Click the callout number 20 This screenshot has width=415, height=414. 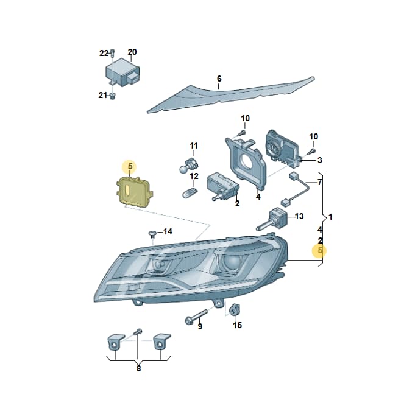tap(132, 52)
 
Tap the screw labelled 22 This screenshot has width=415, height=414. tap(112, 53)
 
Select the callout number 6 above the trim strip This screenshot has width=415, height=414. tap(219, 79)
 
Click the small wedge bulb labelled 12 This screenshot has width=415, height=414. tap(190, 193)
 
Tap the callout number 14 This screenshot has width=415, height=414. tap(168, 231)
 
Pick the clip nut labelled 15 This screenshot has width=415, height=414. tap(234, 309)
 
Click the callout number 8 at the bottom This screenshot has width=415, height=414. tap(139, 368)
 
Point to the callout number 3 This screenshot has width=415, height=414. tap(319, 160)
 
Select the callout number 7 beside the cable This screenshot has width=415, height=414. tap(319, 182)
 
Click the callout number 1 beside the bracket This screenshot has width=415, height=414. tap(330, 217)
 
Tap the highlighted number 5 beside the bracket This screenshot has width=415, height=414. tap(320, 250)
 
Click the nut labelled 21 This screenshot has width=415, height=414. tap(112, 96)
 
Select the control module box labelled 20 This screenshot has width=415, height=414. tap(122, 72)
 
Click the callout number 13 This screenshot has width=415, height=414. tap(299, 216)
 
